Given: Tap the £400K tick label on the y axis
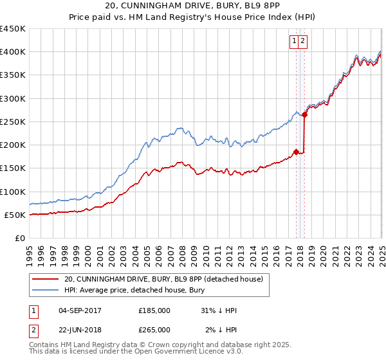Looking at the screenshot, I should pos(13,52).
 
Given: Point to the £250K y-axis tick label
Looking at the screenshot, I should pos(13,122).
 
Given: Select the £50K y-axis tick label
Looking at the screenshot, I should pos(15,215).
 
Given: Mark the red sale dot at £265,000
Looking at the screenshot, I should pos(305,115).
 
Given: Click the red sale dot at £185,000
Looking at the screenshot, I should pos(296,152).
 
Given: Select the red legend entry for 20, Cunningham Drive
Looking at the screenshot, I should pos(163,280).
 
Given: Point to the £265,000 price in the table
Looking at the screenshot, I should pos(154,329).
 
